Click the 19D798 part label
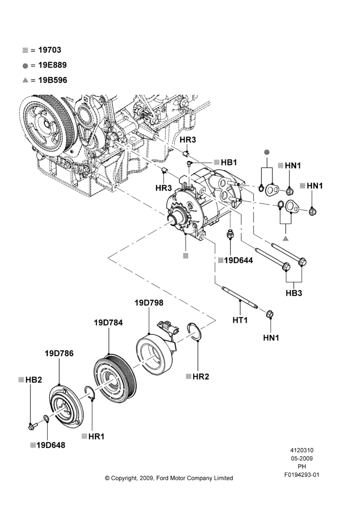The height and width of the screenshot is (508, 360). coord(149,303)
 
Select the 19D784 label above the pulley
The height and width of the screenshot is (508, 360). coord(108,323)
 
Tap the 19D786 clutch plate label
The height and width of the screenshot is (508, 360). coord(59,354)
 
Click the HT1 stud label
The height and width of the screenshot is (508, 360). coord(240,321)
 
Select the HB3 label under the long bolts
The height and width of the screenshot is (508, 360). coord(294,293)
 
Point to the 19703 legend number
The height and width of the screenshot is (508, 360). coord(50,50)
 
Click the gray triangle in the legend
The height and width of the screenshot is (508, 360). coord(25,80)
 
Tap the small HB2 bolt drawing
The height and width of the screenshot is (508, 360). coord(33,426)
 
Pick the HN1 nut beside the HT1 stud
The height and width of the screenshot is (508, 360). coord(269,314)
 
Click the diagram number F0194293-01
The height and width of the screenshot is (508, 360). coord(302,475)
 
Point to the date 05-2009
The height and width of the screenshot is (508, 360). coord(302,458)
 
